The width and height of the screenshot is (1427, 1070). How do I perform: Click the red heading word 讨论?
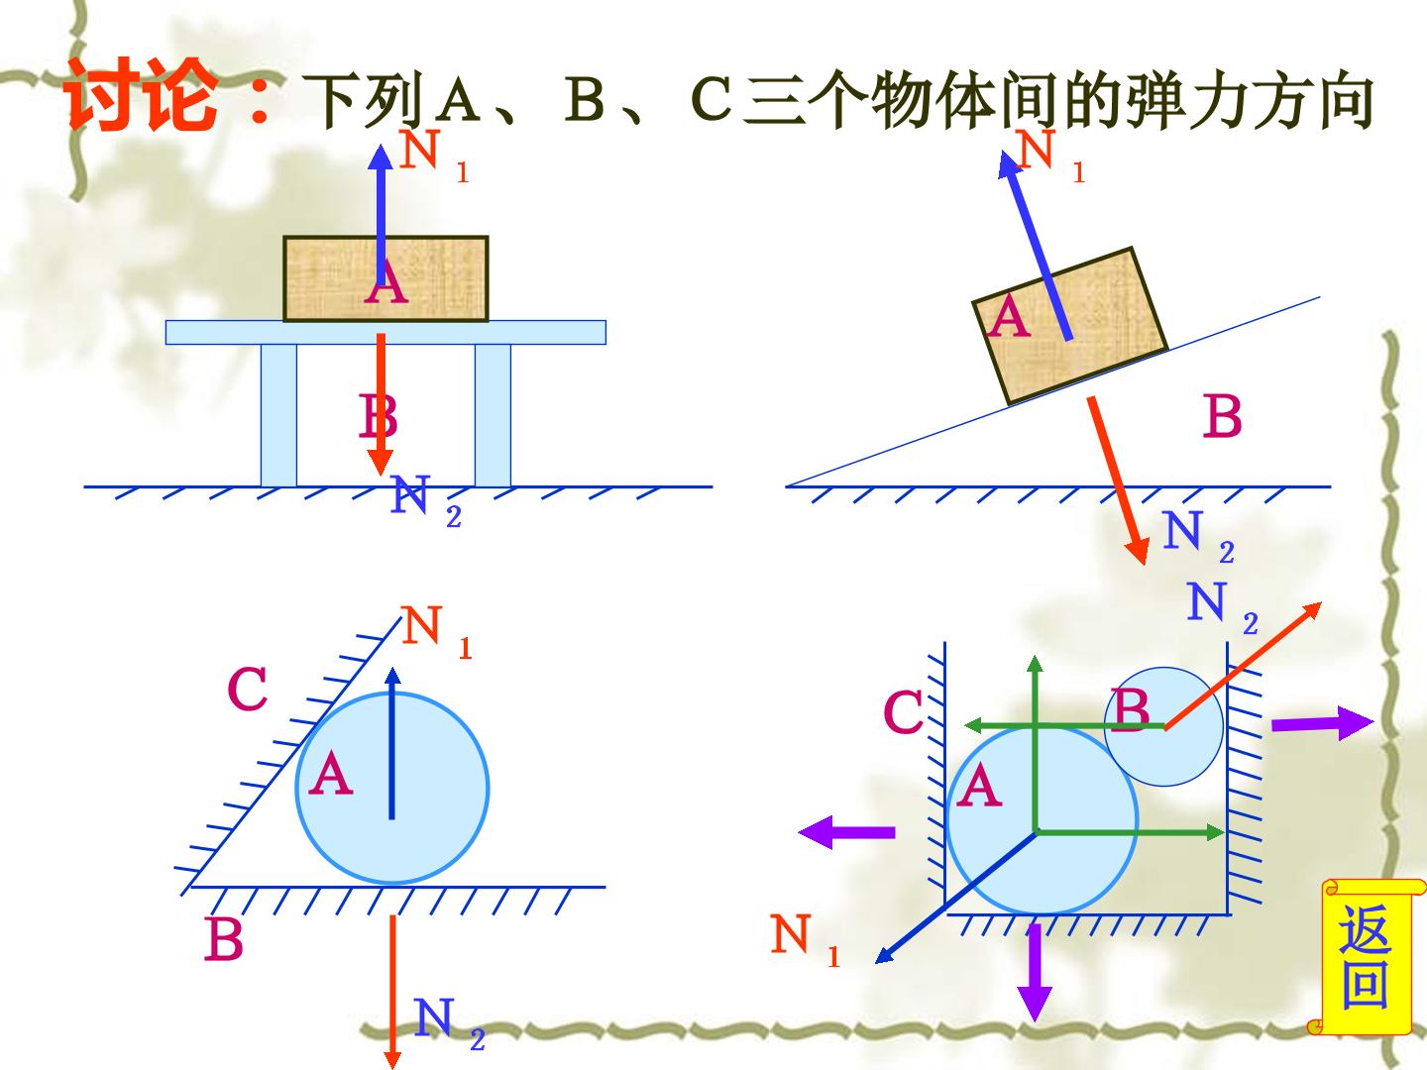tap(142, 95)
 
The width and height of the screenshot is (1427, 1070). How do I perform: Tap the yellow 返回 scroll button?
tap(1366, 956)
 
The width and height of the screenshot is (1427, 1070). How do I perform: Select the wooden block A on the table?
tap(385, 278)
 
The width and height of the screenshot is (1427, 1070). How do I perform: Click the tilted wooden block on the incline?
tap(1070, 326)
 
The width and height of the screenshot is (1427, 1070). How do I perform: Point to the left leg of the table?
tap(278, 415)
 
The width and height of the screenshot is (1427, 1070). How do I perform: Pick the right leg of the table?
tap(493, 415)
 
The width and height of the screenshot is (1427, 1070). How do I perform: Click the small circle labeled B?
tap(1163, 726)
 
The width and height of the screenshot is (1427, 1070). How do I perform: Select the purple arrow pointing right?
tap(1322, 722)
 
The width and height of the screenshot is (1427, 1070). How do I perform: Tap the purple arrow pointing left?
tap(846, 832)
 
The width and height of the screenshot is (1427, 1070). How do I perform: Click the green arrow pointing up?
tap(1035, 743)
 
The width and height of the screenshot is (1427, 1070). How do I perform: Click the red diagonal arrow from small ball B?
tap(1243, 665)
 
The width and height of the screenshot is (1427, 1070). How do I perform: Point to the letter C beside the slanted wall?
tap(248, 689)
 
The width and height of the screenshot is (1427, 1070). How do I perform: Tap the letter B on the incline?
tap(1223, 416)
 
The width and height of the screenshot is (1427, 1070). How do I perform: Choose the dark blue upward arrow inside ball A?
tap(392, 743)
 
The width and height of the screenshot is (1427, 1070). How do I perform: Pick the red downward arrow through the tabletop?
tap(381, 405)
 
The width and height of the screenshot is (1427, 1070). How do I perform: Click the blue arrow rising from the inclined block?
tap(1035, 246)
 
